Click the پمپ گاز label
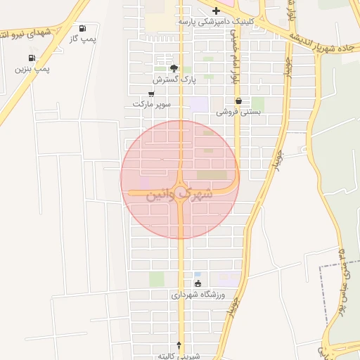tap(83, 40)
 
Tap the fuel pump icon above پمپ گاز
tap(84, 29)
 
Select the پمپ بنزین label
tap(32, 70)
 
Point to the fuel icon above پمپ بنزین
tap(32, 58)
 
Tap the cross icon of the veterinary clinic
tap(216, 11)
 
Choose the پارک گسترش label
tap(174, 79)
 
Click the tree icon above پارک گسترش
tap(174, 69)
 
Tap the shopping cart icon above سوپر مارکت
tap(152, 94)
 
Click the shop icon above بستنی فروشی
tap(238, 101)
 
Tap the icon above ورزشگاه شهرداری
tap(198, 284)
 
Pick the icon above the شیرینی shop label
tap(179, 345)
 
